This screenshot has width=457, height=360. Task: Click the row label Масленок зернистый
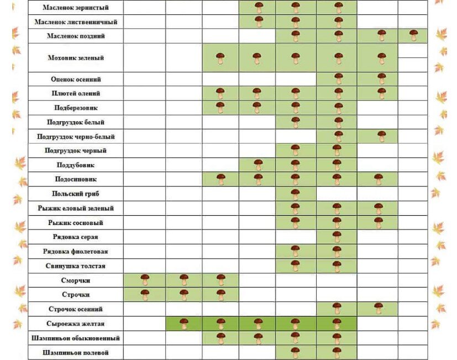[x=76, y=8]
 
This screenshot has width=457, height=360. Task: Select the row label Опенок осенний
[x=76, y=79]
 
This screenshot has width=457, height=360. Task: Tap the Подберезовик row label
[x=76, y=107]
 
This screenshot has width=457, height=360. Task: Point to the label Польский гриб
[x=76, y=194]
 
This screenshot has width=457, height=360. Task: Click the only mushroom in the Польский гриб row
[x=295, y=194]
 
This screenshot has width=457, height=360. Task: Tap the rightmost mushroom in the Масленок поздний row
[x=413, y=35]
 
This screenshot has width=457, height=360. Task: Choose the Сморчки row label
[x=76, y=280]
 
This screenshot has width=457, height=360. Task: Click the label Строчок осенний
[x=76, y=309]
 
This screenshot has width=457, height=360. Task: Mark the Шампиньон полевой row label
[x=76, y=352]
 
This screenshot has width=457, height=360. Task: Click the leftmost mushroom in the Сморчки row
[x=145, y=280]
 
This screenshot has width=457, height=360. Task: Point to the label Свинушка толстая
[x=76, y=266]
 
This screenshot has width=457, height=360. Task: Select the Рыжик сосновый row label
[x=76, y=223]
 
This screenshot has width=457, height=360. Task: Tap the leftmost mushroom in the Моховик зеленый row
[x=220, y=58]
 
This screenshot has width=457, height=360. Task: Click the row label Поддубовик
[x=76, y=165]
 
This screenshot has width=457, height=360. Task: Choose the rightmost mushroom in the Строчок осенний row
[x=378, y=308]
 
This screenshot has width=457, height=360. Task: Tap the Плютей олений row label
[x=76, y=93]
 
